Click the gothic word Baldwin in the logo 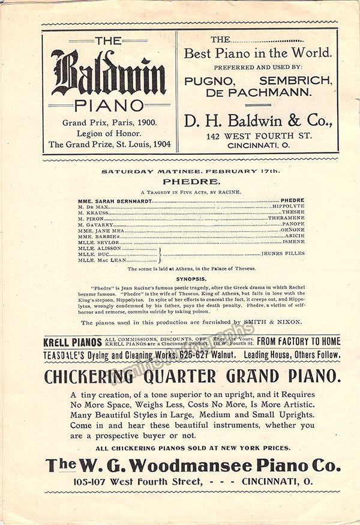(108, 74)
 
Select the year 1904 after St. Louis (160, 144)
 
